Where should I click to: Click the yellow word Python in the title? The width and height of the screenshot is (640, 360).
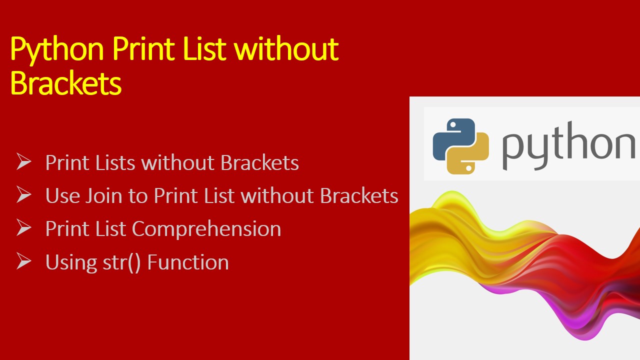point(56,50)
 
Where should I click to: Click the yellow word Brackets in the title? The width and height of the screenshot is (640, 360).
point(65,82)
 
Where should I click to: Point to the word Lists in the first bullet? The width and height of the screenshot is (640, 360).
point(115,162)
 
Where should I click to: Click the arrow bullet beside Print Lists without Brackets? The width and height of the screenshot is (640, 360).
point(23,161)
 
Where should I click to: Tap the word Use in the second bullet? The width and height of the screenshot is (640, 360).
point(62,195)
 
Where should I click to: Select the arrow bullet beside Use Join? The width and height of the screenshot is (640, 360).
point(23,194)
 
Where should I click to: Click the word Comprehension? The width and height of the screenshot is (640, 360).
point(206,229)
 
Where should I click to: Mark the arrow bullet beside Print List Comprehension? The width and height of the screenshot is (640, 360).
point(23,227)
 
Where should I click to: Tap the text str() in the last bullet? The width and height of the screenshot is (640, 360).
point(121,262)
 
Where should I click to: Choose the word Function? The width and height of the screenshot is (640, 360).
point(188,262)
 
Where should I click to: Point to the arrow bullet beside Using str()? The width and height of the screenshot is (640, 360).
point(23,260)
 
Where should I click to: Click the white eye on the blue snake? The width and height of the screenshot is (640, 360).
point(453,124)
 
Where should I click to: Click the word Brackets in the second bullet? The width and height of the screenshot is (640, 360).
point(359,195)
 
